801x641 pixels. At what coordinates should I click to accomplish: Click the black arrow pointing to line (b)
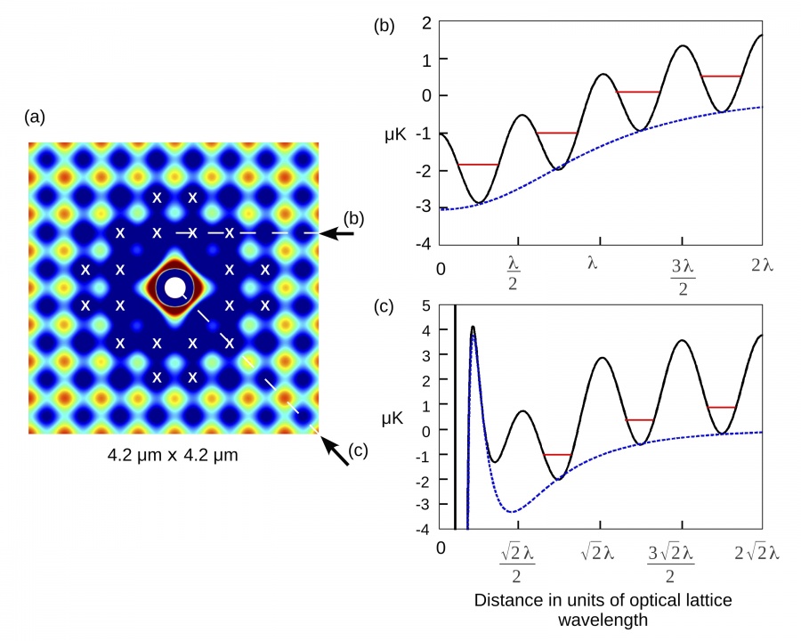(337, 234)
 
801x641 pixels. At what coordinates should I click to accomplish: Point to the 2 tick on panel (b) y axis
(427, 21)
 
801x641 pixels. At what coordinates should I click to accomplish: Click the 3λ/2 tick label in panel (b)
(682, 275)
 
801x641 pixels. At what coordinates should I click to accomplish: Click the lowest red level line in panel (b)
(478, 165)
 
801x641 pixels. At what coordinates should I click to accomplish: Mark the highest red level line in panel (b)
(721, 77)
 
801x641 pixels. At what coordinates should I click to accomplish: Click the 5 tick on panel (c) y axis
(427, 305)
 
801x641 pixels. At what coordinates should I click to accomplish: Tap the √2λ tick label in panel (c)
(597, 553)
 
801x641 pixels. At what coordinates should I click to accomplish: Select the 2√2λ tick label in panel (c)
(756, 553)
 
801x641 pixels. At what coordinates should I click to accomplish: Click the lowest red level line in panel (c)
(557, 455)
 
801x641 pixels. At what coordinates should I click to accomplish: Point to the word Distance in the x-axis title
(506, 600)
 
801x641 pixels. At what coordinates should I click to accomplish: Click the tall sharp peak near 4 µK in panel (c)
(473, 328)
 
